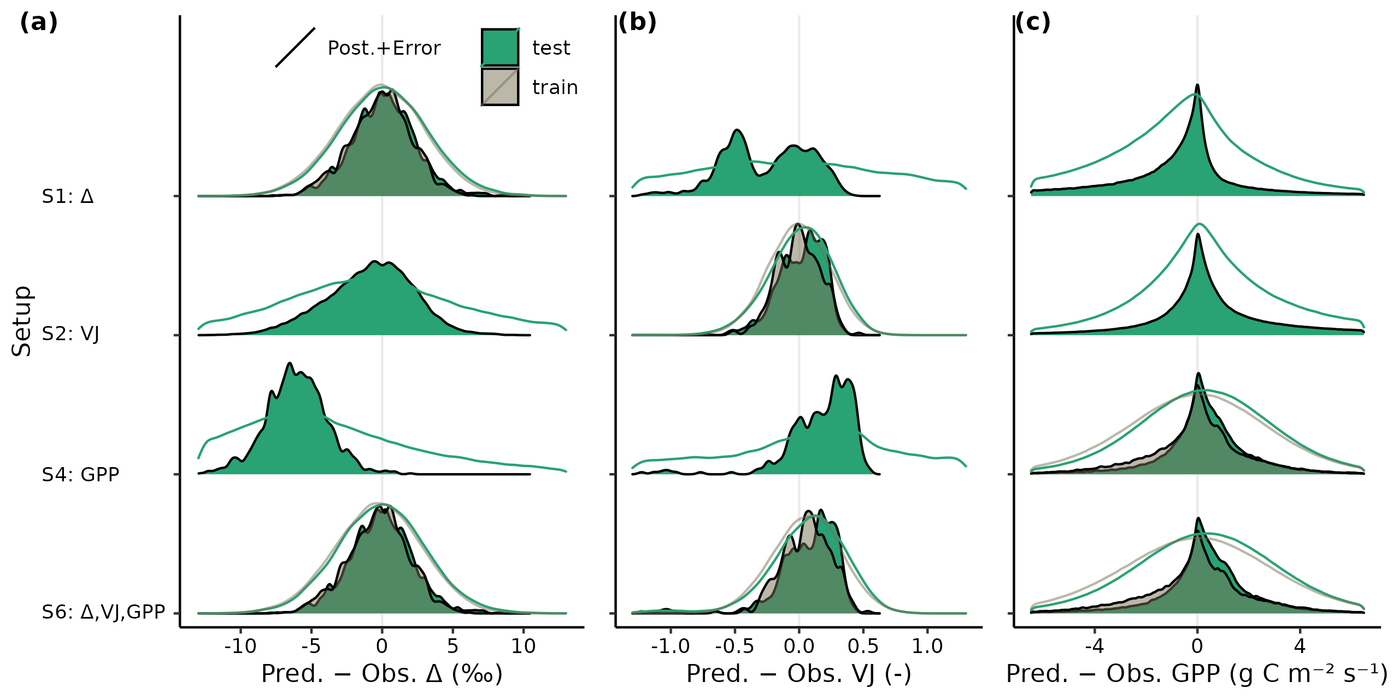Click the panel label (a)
click(x=38, y=23)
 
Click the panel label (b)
click(x=637, y=23)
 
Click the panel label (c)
click(x=1032, y=23)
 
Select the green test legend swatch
click(x=499, y=48)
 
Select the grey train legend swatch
click(x=499, y=87)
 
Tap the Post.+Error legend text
click(x=384, y=48)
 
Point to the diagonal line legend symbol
click(x=295, y=48)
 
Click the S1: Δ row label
click(x=68, y=196)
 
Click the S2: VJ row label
click(x=70, y=334)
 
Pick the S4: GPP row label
click(x=80, y=474)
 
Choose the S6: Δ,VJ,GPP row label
click(x=103, y=612)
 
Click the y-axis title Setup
click(x=22, y=321)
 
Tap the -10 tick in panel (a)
click(x=240, y=646)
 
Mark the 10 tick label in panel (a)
click(x=523, y=646)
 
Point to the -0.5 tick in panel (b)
click(x=734, y=646)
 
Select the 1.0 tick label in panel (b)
click(x=927, y=646)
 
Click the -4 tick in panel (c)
click(x=1094, y=646)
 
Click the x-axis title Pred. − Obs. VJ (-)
click(x=798, y=674)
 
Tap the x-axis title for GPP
click(x=1196, y=674)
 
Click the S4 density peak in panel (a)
click(x=290, y=364)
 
